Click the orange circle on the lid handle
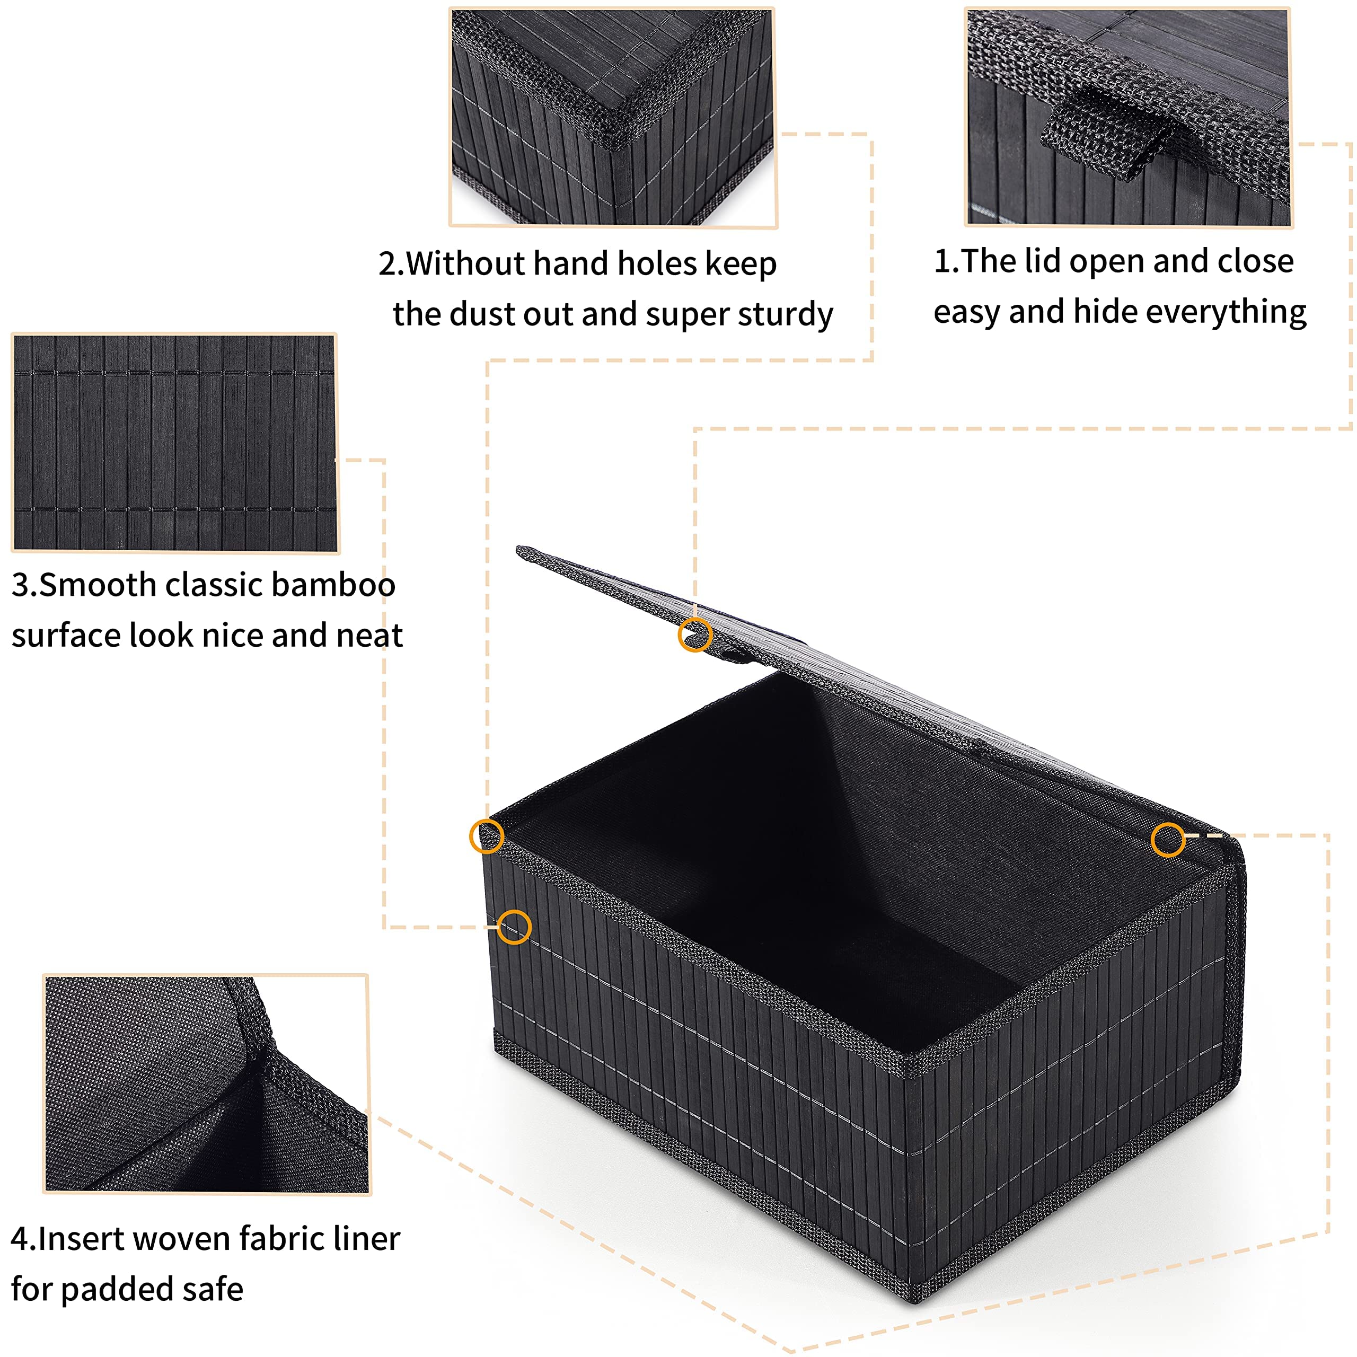(x=694, y=635)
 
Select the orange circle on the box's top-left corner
(x=486, y=836)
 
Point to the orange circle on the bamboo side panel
(x=514, y=927)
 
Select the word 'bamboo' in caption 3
(x=333, y=585)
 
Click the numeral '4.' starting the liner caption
(x=22, y=1239)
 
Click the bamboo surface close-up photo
(x=175, y=443)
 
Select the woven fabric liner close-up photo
(x=207, y=1082)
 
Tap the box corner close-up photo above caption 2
(x=612, y=117)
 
